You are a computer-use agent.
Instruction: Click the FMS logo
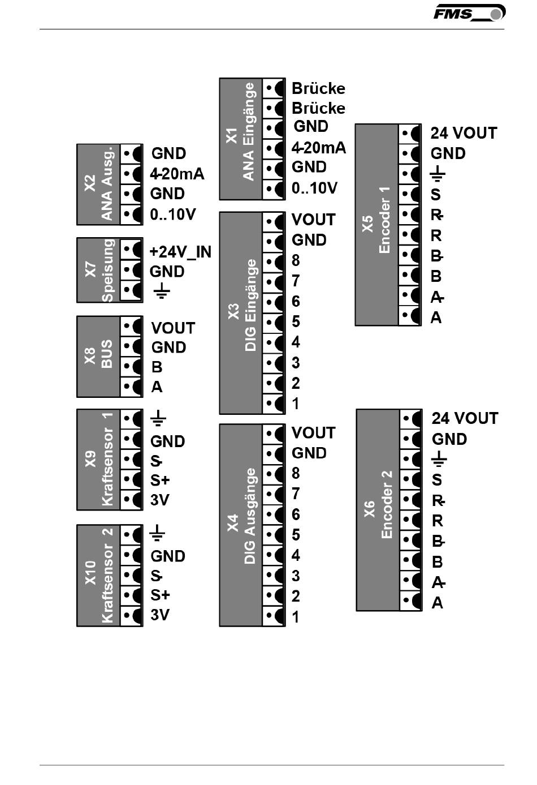click(x=469, y=13)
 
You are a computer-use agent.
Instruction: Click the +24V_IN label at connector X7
click(x=180, y=252)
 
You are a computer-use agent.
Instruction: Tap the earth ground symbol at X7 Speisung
click(x=162, y=290)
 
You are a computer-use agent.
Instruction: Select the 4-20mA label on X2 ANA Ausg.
click(x=177, y=174)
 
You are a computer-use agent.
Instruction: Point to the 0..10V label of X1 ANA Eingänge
click(x=314, y=188)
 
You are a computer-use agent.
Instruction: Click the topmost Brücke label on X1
click(x=318, y=88)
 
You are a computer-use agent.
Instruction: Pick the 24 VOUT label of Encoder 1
click(x=464, y=133)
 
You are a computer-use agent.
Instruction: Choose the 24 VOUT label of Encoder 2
click(x=465, y=418)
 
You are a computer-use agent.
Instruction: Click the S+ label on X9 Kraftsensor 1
click(x=160, y=480)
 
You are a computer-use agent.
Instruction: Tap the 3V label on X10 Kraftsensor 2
click(x=160, y=615)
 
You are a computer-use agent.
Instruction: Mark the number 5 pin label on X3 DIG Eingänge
click(x=296, y=321)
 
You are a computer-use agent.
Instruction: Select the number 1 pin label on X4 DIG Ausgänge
click(x=296, y=617)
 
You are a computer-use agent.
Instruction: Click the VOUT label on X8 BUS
click(x=173, y=328)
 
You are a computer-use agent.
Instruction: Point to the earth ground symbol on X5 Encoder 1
click(x=438, y=174)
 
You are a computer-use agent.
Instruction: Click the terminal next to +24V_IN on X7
click(x=131, y=250)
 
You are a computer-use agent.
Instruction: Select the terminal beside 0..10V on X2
click(x=131, y=214)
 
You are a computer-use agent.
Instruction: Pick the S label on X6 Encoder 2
click(x=437, y=480)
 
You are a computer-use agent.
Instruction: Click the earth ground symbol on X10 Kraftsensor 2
click(x=157, y=533)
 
